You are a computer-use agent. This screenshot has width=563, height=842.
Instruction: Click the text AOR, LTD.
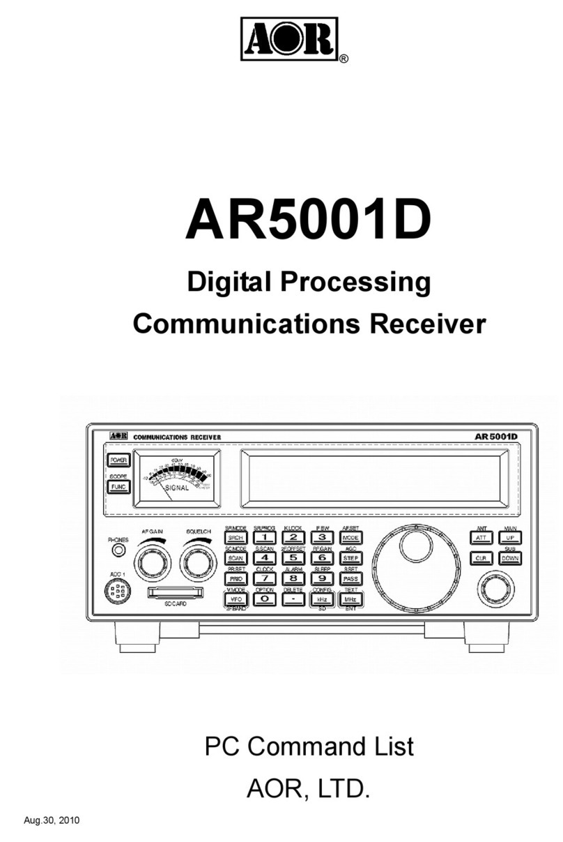click(307, 789)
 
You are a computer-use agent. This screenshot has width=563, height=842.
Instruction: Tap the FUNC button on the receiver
click(118, 486)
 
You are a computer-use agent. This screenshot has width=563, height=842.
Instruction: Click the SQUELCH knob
click(197, 562)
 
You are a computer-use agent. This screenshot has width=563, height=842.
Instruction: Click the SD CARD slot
click(174, 593)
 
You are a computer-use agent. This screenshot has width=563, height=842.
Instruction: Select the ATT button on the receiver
click(481, 539)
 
